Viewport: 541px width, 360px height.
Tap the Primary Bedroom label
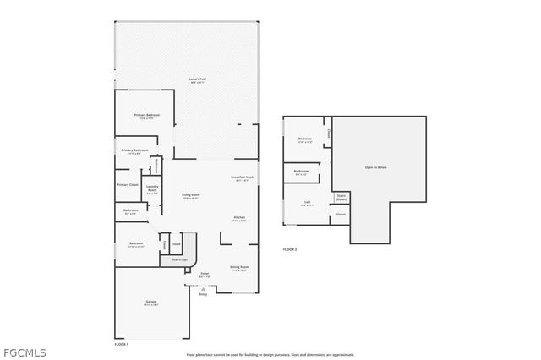click(146, 116)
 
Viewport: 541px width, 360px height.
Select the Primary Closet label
click(128, 184)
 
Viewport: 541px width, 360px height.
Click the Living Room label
click(190, 196)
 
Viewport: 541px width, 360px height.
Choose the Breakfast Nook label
click(243, 177)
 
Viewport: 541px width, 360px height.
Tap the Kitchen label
click(239, 219)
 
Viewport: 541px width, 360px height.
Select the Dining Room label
click(238, 268)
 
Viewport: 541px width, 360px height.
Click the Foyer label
click(204, 274)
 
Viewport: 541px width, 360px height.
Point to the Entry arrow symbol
click(203, 286)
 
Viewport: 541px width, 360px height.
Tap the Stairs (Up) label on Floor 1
click(180, 260)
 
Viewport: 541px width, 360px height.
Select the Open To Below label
click(376, 168)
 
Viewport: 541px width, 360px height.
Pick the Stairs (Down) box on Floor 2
click(342, 197)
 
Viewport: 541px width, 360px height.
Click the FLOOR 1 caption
click(122, 344)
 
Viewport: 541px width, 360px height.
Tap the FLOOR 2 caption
click(290, 249)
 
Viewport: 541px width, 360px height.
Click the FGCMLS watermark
click(24, 352)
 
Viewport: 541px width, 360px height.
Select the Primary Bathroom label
click(134, 151)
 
